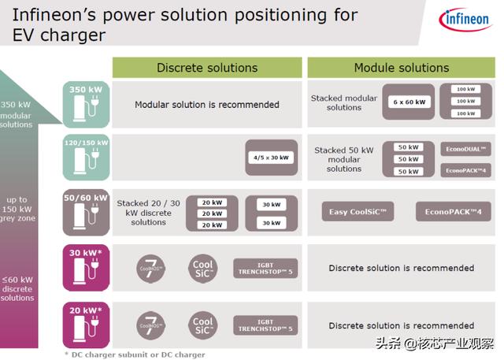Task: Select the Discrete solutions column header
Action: click(206, 68)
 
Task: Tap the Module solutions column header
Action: click(401, 68)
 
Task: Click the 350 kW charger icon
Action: click(86, 105)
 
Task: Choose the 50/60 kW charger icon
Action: click(86, 213)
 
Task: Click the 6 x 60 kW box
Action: click(408, 102)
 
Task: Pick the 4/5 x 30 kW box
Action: click(271, 158)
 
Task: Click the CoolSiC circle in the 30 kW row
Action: click(203, 268)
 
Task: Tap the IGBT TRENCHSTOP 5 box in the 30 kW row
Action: click(265, 268)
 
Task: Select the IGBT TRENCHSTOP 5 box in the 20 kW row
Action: click(265, 325)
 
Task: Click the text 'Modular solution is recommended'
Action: click(206, 104)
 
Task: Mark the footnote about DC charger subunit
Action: click(135, 354)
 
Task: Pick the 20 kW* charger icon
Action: click(86, 325)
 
